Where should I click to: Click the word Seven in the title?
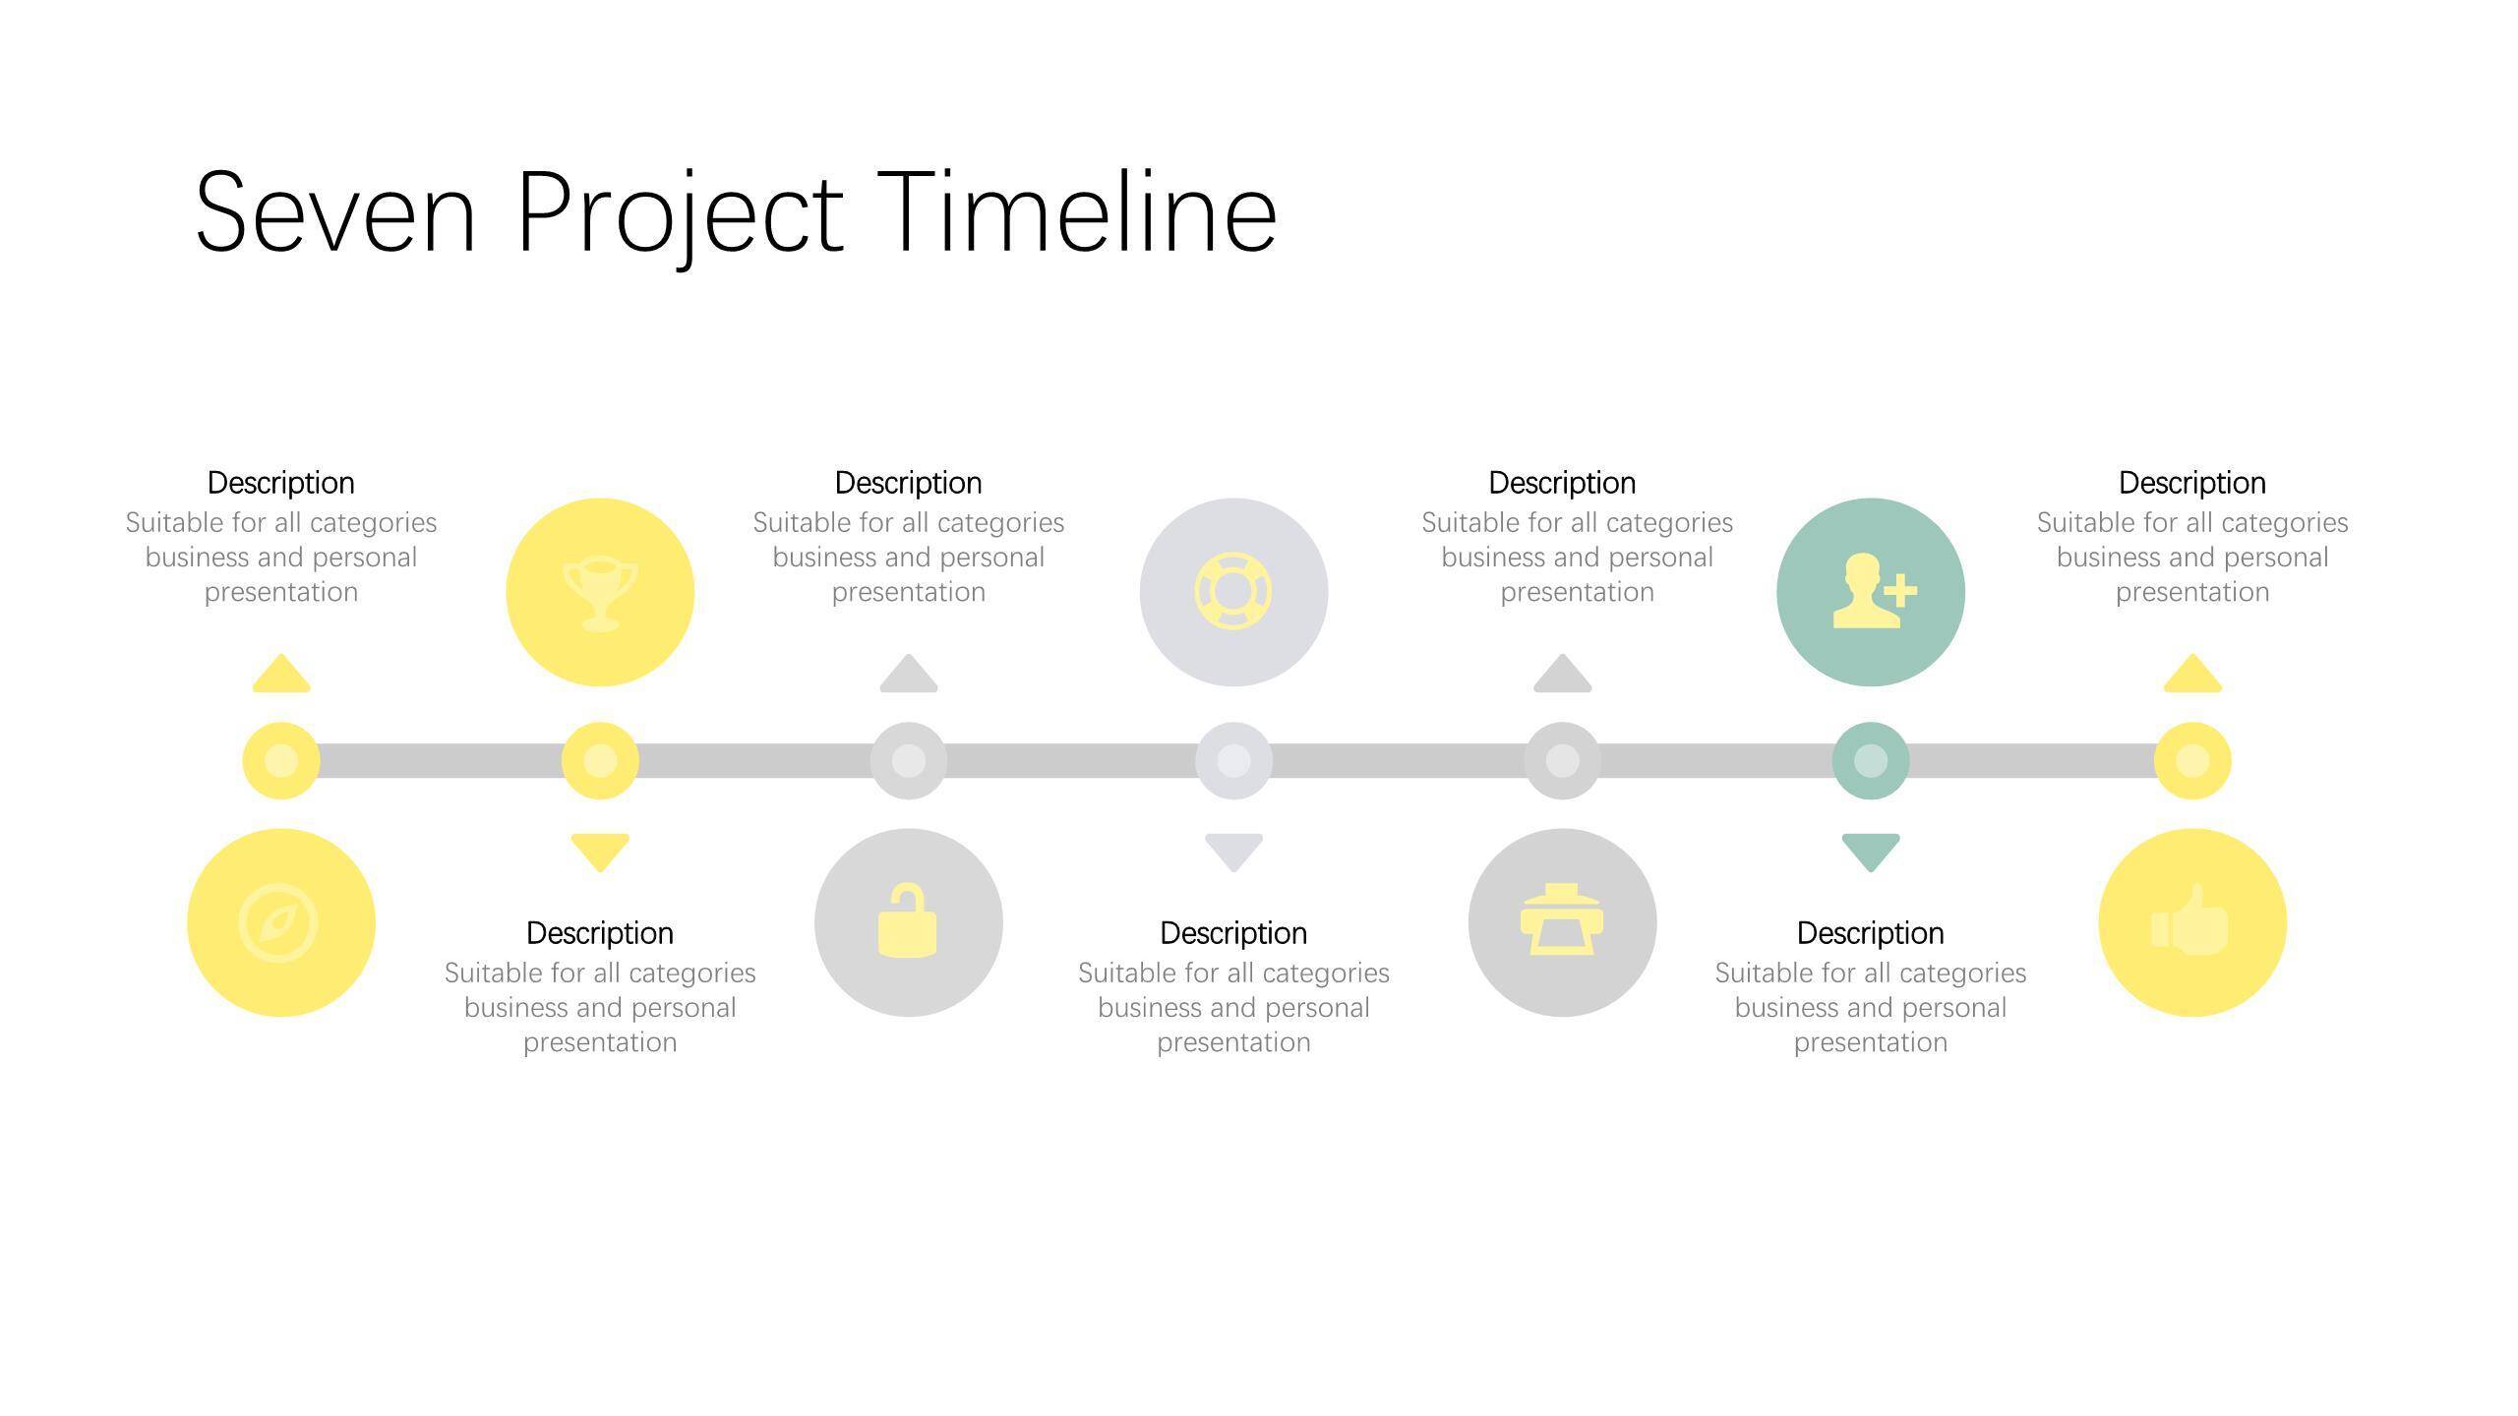pos(335,212)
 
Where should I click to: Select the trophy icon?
pos(600,594)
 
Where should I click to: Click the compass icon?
pos(278,922)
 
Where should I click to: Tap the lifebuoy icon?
pos(1233,591)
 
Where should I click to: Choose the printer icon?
pos(1562,919)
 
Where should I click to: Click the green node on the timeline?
pos(1871,760)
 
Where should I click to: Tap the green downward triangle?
pos(1871,852)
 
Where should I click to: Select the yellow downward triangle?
pos(600,852)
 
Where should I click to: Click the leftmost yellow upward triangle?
pos(281,675)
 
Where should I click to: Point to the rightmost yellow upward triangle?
pos(2192,675)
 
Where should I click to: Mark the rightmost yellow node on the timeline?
pos(2192,760)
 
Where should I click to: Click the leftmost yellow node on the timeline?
pos(281,760)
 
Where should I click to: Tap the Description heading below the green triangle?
pos(1871,933)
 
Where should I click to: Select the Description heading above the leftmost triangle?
pos(281,483)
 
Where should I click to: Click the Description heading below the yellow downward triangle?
pos(600,933)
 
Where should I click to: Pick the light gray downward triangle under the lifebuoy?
pos(1233,852)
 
